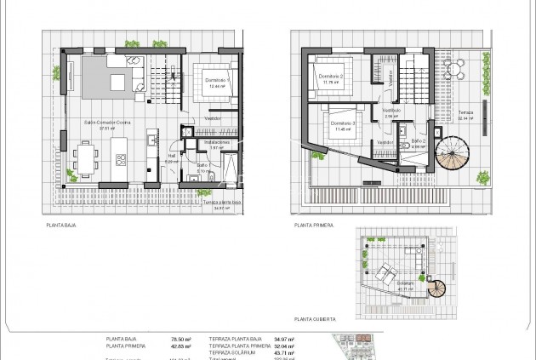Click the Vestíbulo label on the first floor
391,110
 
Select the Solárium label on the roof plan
405,283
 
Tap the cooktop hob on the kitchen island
121,159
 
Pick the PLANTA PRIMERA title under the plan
312,226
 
